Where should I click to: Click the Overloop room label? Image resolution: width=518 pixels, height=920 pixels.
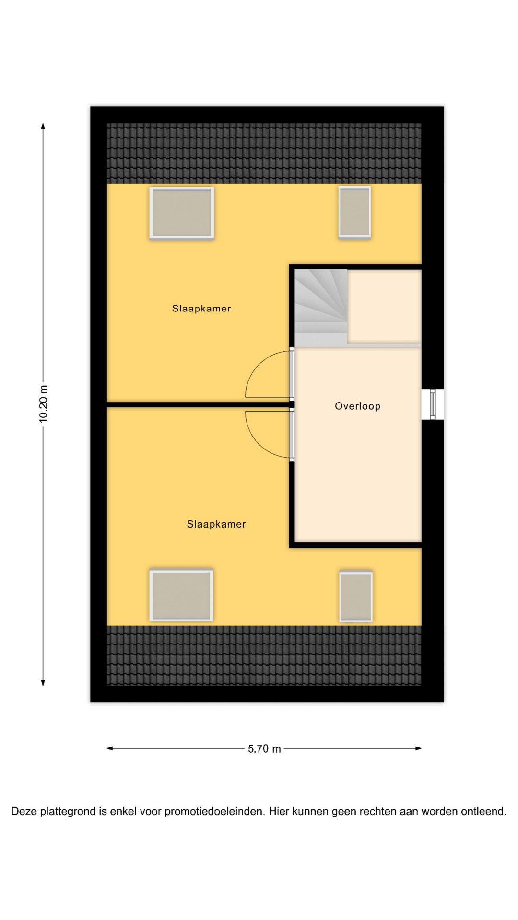[357, 406]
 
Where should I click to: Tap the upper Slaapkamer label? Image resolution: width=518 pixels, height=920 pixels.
[201, 309]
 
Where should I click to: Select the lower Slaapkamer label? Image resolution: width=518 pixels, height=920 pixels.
[216, 524]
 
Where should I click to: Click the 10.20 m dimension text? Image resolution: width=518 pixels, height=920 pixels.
[44, 404]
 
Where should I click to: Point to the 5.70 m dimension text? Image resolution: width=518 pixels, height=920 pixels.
[264, 749]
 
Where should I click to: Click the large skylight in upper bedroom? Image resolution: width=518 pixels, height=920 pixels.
[182, 213]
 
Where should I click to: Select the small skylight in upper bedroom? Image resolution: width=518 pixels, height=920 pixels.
[354, 212]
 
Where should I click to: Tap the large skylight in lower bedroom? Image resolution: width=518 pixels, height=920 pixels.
[181, 595]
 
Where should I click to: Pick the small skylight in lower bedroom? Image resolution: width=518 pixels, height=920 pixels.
[356, 596]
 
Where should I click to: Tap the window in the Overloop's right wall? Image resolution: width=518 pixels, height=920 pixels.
[433, 404]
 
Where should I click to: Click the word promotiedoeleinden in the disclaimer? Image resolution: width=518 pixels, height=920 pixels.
[214, 812]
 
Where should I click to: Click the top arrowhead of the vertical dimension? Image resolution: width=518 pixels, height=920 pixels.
[43, 126]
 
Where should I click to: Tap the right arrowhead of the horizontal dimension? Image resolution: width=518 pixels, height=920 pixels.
[418, 748]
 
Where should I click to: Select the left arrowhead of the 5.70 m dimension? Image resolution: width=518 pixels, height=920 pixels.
[110, 748]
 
